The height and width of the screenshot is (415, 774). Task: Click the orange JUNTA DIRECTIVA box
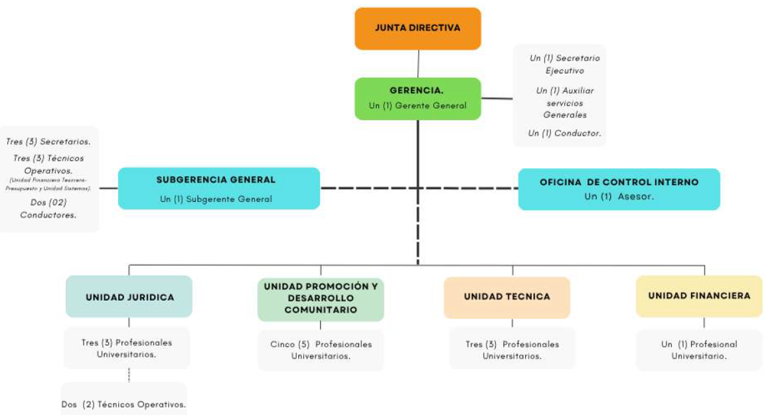[x=418, y=29]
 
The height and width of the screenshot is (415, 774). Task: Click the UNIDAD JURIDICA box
[x=129, y=297]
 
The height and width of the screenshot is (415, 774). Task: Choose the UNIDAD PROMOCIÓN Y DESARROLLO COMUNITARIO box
[x=321, y=298]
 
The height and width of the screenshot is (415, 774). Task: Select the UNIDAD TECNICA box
[x=507, y=297]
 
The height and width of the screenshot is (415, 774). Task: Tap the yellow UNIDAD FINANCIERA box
[x=699, y=295]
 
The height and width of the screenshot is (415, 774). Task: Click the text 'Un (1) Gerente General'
[x=418, y=106]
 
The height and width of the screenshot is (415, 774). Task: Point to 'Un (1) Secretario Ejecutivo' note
[x=564, y=64]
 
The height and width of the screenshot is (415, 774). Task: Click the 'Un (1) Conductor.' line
[x=564, y=133]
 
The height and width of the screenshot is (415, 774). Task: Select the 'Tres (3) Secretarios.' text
[x=48, y=141]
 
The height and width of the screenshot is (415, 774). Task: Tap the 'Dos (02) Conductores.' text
[x=48, y=208]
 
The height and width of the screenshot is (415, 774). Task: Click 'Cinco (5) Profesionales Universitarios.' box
[x=321, y=350]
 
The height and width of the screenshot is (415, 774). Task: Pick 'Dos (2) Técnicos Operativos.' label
[x=123, y=404]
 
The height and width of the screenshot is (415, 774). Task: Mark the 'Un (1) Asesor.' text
[x=619, y=197]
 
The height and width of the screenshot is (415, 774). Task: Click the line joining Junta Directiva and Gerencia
[x=418, y=64]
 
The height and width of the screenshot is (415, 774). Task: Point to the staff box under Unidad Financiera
[x=699, y=350]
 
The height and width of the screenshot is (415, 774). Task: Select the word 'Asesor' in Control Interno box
[x=635, y=197]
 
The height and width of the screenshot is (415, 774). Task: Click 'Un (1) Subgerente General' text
[x=216, y=199]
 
